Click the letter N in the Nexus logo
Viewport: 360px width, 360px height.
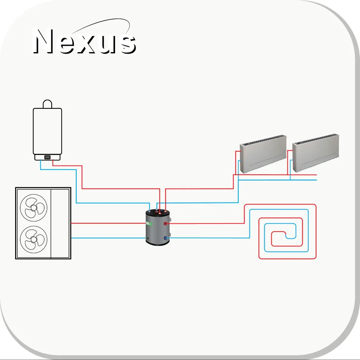click(x=45, y=41)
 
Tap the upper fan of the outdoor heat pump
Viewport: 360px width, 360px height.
click(x=34, y=208)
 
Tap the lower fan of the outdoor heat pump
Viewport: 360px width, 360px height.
click(x=34, y=239)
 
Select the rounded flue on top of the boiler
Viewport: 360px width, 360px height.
click(x=48, y=104)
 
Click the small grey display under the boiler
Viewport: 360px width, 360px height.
click(x=47, y=157)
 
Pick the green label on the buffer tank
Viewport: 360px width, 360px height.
click(x=149, y=223)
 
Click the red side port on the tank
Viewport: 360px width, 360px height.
click(x=165, y=223)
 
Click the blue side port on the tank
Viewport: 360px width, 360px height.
click(x=165, y=238)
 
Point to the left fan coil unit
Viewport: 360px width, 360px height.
click(x=263, y=154)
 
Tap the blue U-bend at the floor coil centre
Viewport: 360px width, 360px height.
click(x=291, y=236)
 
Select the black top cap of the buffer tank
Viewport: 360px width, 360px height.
click(x=158, y=212)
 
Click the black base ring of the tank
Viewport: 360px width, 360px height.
click(x=158, y=242)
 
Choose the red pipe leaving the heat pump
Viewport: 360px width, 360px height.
click(x=108, y=223)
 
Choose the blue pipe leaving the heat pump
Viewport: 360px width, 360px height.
click(x=108, y=238)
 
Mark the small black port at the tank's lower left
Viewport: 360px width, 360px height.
click(x=148, y=239)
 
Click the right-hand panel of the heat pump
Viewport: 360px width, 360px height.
click(x=60, y=223)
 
